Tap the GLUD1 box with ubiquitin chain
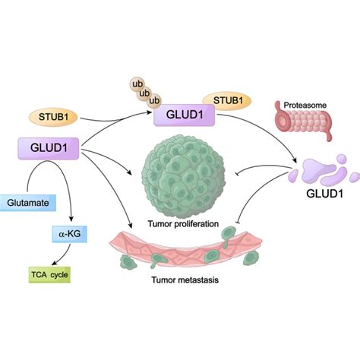point(184,116)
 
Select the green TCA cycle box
point(48,272)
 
